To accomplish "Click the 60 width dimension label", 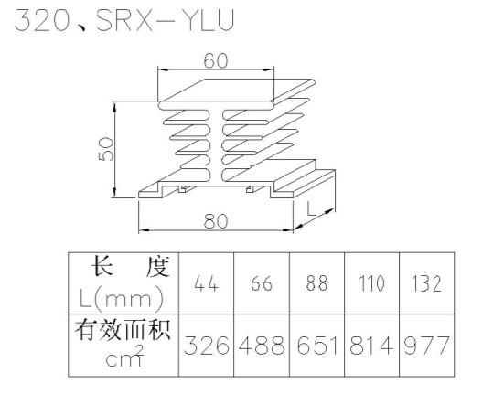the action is tap(216, 60).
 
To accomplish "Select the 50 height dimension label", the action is tap(106, 149).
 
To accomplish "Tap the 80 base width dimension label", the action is tap(216, 220).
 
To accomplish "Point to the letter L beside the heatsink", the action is tap(311, 208).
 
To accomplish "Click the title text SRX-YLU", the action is tap(166, 20).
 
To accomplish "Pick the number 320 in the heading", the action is tap(42, 20).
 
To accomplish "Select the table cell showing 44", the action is tap(207, 283).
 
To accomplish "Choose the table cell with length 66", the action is tap(262, 283).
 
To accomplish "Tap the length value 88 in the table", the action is tap(316, 283).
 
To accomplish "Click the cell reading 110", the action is tap(371, 283).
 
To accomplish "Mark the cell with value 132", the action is tap(426, 284).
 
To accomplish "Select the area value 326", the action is tap(207, 346).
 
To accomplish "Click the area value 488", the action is tap(262, 346).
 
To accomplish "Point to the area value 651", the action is tap(317, 346).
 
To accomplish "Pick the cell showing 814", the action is tap(371, 346).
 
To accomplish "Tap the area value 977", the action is tap(426, 346).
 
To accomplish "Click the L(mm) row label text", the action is tap(122, 298).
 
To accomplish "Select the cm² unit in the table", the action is tap(123, 357).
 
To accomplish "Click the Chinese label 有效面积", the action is tap(123, 329).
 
